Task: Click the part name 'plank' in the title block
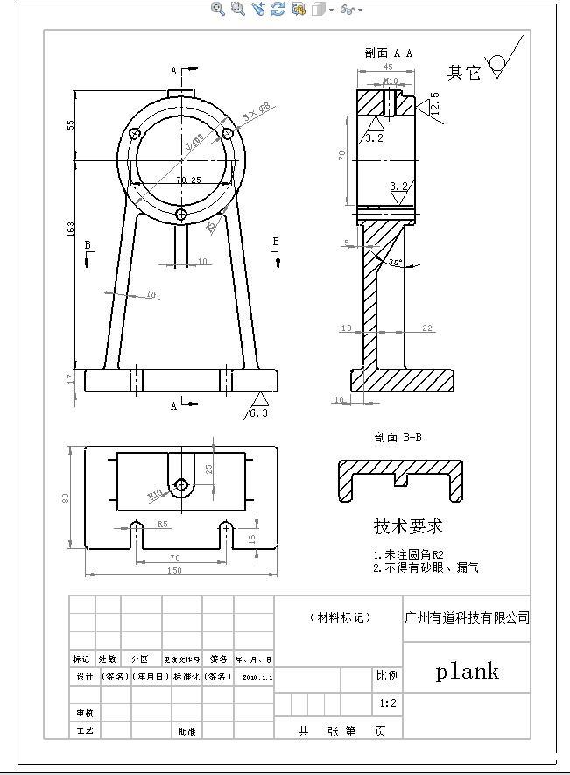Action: click(x=468, y=672)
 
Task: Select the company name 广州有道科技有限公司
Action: click(x=467, y=617)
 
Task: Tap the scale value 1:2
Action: click(x=388, y=703)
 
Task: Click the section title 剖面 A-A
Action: click(x=388, y=53)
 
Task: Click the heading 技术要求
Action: click(x=408, y=526)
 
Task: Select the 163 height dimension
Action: click(x=71, y=229)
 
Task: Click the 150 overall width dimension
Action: click(x=174, y=571)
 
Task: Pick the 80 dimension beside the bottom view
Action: click(x=66, y=497)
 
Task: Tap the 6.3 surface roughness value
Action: click(x=259, y=413)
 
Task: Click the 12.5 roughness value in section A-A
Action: click(x=434, y=103)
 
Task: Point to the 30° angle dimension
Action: click(x=395, y=262)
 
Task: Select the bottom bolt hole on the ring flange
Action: click(x=180, y=214)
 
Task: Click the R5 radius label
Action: click(x=163, y=524)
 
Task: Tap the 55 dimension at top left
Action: click(x=71, y=124)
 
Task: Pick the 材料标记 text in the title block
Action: click(x=340, y=617)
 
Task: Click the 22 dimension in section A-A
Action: click(x=426, y=328)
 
